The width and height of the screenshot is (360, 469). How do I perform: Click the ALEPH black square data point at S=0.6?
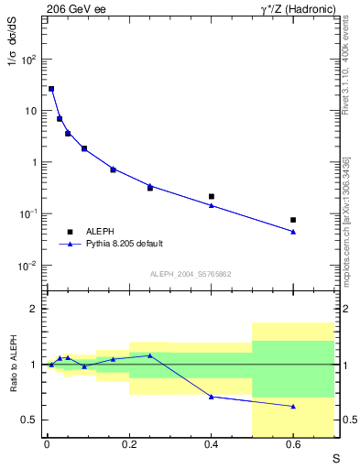293,220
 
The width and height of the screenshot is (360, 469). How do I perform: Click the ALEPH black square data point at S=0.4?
212,196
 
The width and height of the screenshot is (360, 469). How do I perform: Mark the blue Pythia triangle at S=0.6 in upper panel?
293,232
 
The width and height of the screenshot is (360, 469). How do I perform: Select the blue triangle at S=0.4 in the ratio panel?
212,397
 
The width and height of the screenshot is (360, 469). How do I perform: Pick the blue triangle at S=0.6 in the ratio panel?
293,406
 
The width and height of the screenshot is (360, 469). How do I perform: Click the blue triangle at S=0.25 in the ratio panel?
149,355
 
